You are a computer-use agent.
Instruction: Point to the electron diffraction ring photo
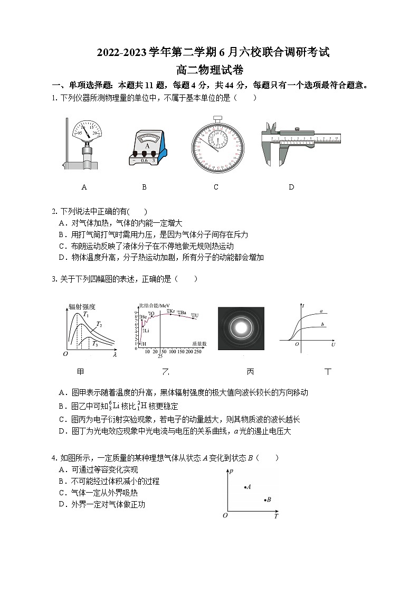point(241,328)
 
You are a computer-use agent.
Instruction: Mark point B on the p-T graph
point(265,500)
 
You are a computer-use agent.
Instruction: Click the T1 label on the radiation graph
point(86,315)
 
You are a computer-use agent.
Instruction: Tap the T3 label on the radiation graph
point(95,344)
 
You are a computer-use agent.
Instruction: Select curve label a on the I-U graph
point(321,311)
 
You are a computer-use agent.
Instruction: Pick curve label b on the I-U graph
point(322,324)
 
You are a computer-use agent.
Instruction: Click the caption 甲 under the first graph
point(81,372)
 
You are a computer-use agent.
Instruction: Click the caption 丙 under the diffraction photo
point(250,372)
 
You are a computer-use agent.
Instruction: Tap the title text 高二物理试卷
point(209,69)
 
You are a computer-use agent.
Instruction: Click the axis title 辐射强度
point(82,306)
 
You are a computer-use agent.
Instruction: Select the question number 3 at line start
point(54,279)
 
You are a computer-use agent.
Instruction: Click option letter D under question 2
point(62,258)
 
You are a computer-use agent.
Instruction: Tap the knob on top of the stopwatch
point(217,119)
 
